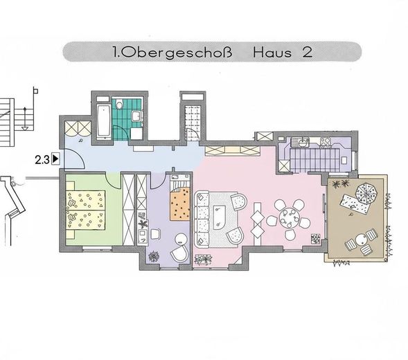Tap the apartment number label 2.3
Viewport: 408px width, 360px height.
coord(43,160)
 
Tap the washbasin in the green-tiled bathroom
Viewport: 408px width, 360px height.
coord(136,116)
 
